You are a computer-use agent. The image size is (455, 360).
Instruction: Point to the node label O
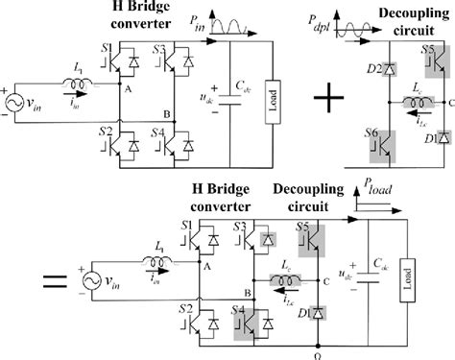click(x=318, y=351)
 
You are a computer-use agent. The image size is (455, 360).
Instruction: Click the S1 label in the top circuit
click(x=107, y=46)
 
